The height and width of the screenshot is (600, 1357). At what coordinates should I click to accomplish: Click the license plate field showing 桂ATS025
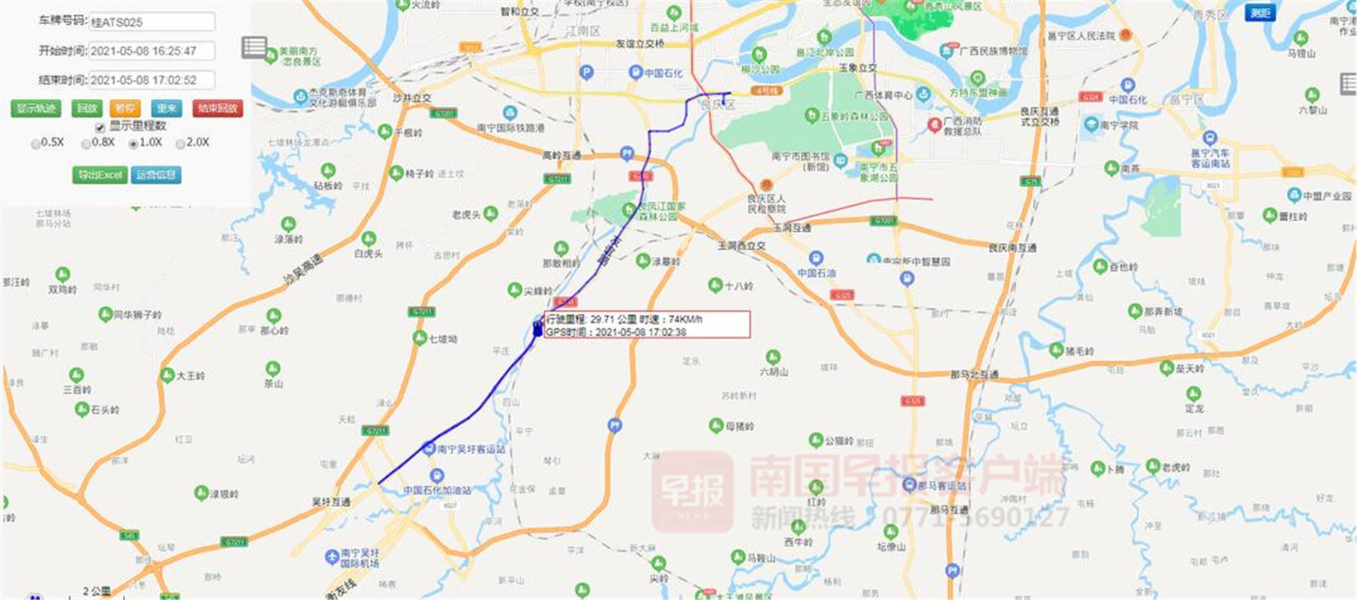point(152,23)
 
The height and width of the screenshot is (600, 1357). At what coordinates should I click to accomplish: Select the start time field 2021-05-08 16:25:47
point(152,51)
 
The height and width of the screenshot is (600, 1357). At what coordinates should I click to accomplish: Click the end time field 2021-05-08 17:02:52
point(152,80)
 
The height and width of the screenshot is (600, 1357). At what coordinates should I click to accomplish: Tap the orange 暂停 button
point(125,109)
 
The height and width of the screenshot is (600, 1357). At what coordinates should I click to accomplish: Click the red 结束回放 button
point(217,109)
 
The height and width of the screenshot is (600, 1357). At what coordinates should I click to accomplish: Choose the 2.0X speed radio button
point(181,143)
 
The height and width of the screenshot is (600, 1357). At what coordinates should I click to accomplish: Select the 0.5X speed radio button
point(35,143)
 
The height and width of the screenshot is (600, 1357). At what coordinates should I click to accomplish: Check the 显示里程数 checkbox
point(100,128)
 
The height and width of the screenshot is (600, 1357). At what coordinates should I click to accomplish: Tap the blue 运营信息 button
point(157,175)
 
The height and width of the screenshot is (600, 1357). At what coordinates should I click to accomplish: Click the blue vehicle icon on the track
point(537,328)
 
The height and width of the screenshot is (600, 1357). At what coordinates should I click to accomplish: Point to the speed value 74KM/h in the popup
point(685,319)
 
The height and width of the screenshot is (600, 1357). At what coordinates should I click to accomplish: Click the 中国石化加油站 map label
point(437,490)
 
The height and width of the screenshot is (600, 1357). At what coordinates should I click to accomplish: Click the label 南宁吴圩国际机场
point(360,558)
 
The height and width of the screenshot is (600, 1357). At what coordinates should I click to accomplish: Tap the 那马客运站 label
point(942,486)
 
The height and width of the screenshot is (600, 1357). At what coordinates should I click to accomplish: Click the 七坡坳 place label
point(443,340)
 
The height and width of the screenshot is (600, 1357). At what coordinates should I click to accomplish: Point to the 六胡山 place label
point(774,371)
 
